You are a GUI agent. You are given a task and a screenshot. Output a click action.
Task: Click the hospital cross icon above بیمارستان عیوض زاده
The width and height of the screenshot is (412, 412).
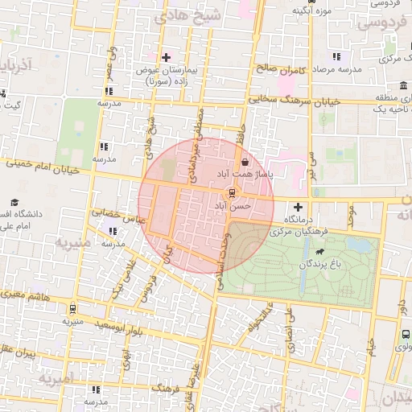(167, 57)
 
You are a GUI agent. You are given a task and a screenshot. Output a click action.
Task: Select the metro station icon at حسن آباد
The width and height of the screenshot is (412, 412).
(233, 193)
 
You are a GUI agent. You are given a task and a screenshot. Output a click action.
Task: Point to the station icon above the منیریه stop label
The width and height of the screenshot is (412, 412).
(73, 308)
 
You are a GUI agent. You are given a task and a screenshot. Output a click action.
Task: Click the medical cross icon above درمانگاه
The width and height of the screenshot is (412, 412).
(299, 206)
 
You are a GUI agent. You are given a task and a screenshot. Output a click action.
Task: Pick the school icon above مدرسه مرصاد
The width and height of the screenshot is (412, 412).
(336, 56)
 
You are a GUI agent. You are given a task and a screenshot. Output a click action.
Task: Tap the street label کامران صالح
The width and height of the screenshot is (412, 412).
(281, 69)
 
